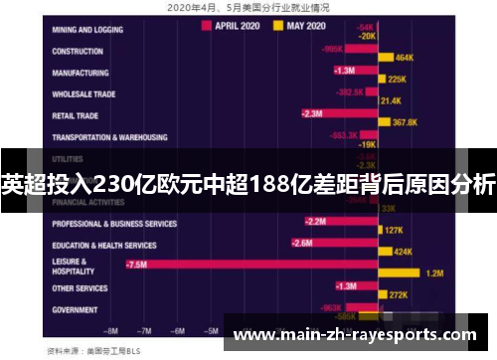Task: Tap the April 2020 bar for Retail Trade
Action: (x=340, y=114)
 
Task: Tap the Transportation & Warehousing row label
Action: (x=109, y=137)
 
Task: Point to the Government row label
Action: (x=75, y=310)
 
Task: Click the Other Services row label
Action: (x=80, y=288)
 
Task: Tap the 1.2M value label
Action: (x=434, y=272)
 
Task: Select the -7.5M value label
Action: (x=137, y=266)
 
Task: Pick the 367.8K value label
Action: (x=405, y=122)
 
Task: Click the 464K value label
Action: (x=405, y=58)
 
